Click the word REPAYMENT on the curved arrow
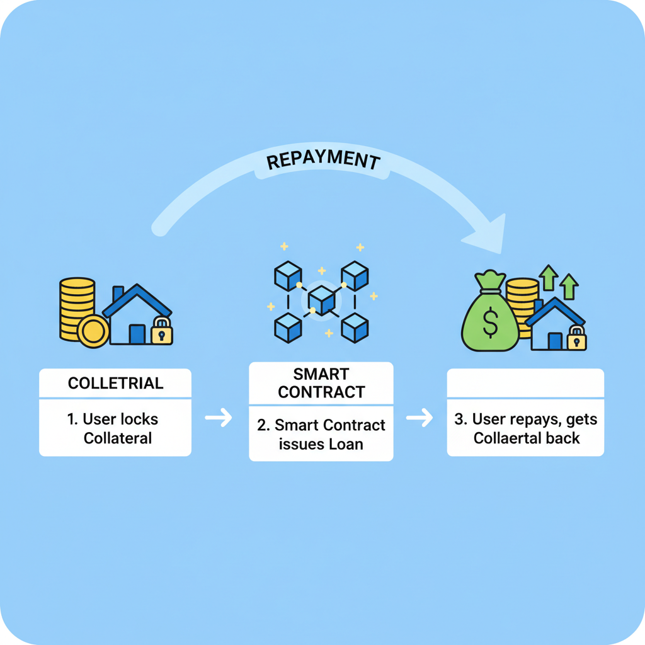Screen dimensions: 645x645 [323, 161]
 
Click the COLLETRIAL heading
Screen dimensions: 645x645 [115, 383]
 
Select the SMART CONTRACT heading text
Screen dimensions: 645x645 [321, 383]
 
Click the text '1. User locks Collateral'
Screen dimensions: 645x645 [115, 428]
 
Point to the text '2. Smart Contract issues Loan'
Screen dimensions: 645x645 [321, 435]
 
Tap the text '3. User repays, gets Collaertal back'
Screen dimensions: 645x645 [526, 428]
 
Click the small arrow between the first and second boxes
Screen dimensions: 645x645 [219, 418]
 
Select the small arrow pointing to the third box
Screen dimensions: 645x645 [420, 418]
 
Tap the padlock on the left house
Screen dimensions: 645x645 [162, 331]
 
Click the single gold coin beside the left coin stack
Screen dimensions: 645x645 [93, 331]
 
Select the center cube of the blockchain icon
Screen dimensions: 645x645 [321, 300]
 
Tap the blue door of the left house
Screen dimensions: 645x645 [137, 333]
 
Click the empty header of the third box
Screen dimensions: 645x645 [525, 383]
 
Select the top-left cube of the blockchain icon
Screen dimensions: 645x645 [288, 276]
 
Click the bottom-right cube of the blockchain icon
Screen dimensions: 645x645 [355, 327]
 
